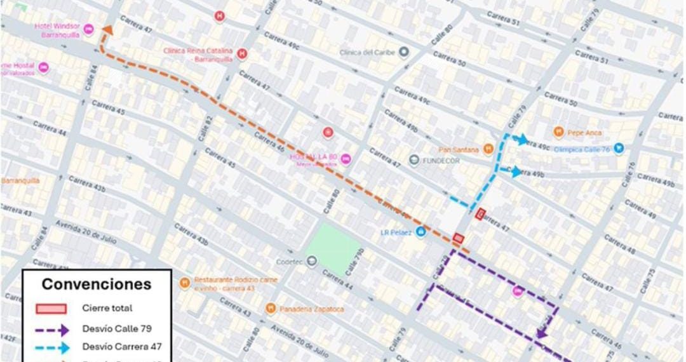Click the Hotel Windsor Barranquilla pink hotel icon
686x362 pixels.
pyautogui.click(x=88, y=29)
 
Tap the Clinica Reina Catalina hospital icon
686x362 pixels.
pyautogui.click(x=241, y=54)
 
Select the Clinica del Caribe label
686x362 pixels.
pyautogui.click(x=367, y=52)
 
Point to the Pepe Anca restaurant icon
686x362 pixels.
pyautogui.click(x=558, y=132)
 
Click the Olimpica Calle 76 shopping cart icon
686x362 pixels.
pyautogui.click(x=618, y=149)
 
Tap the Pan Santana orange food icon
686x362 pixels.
pyautogui.click(x=488, y=149)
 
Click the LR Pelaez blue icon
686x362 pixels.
pyautogui.click(x=420, y=232)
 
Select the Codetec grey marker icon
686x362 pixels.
pyautogui.click(x=311, y=261)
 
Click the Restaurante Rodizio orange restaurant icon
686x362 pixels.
pyautogui.click(x=184, y=283)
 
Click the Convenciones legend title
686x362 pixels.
pyautogui.click(x=97, y=284)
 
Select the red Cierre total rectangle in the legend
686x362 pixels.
pyautogui.click(x=51, y=309)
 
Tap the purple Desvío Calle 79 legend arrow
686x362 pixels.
pyautogui.click(x=51, y=329)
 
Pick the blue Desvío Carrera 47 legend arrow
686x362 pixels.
pyautogui.click(x=51, y=347)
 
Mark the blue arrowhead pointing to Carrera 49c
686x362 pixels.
pyautogui.click(x=522, y=140)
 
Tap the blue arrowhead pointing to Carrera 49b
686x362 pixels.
pyautogui.click(x=515, y=171)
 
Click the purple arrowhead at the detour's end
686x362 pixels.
pyautogui.click(x=542, y=332)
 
